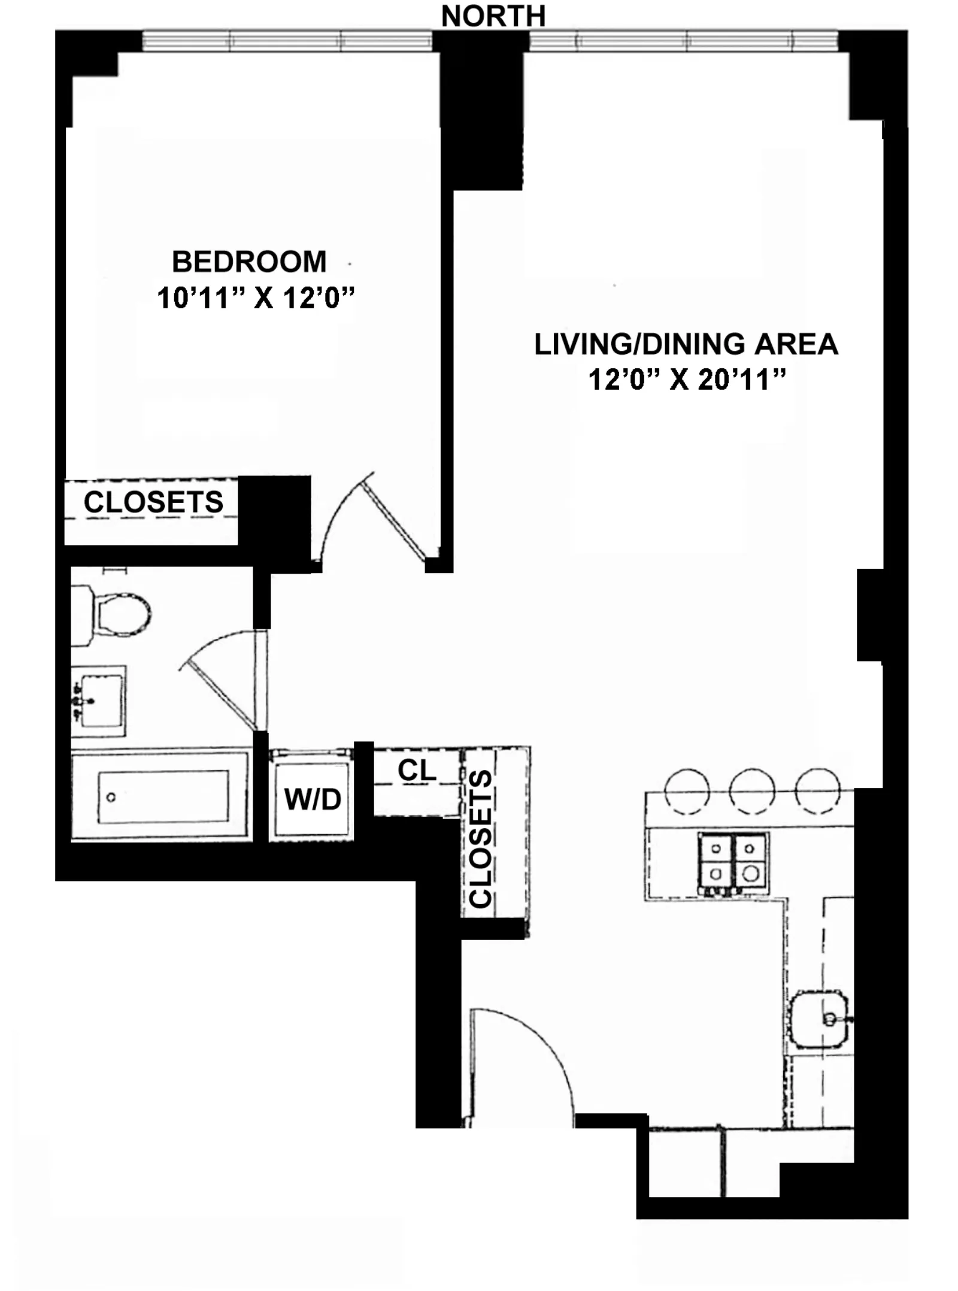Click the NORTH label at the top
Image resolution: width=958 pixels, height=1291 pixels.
(493, 16)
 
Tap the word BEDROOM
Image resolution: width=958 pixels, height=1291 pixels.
(249, 262)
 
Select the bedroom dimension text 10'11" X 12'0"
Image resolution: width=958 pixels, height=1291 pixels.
(256, 298)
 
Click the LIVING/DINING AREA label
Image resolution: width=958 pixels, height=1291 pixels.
(686, 344)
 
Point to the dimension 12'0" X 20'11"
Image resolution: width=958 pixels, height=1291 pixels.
(687, 380)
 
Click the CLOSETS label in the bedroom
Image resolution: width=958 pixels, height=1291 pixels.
(153, 502)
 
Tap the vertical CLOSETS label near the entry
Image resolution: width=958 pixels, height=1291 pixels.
(481, 838)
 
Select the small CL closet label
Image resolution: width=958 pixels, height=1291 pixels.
(417, 771)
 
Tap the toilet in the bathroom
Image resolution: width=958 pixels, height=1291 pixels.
(114, 614)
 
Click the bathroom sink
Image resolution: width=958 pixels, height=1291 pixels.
(99, 699)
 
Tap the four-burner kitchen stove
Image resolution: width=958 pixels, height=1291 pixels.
(733, 862)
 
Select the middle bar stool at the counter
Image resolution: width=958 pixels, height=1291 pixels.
(751, 791)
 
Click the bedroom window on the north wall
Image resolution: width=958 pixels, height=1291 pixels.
(287, 41)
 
